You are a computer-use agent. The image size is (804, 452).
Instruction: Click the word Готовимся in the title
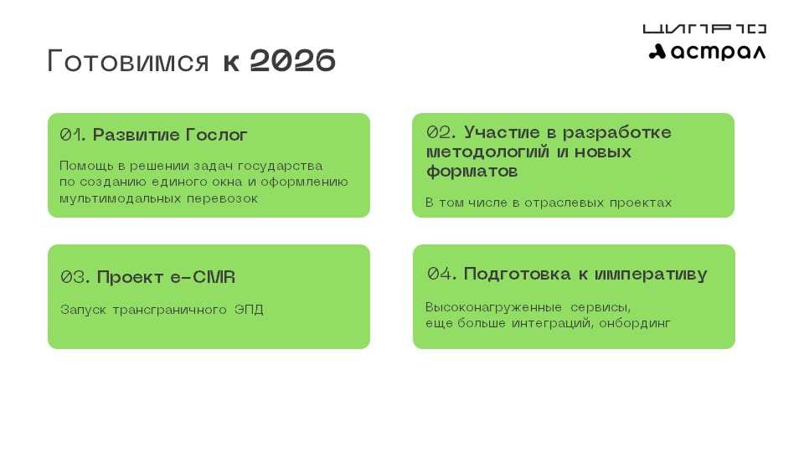[x=128, y=61]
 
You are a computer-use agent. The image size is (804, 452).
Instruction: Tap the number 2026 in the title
[x=293, y=60]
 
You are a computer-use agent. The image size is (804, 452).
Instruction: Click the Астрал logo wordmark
[x=707, y=52]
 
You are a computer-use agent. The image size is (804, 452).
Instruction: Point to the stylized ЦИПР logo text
[x=704, y=28]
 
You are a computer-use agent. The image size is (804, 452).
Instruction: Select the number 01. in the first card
[x=72, y=135]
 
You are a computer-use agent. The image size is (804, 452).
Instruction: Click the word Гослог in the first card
[x=216, y=135]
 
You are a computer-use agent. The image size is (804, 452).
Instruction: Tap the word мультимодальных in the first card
[x=120, y=198]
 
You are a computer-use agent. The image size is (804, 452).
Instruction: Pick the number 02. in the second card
[x=441, y=132]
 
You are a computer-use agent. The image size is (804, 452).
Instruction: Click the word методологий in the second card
[x=487, y=152]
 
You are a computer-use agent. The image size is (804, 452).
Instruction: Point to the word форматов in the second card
[x=472, y=171]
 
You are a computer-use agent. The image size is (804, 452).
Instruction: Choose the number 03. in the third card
[x=75, y=277]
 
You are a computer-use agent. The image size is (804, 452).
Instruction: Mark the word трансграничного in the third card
[x=170, y=310]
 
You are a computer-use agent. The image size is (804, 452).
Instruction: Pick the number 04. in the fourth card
[x=441, y=275]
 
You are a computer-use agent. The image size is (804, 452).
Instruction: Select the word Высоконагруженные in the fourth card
[x=494, y=307]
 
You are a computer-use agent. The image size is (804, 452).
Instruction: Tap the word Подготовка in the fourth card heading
[x=517, y=275]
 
